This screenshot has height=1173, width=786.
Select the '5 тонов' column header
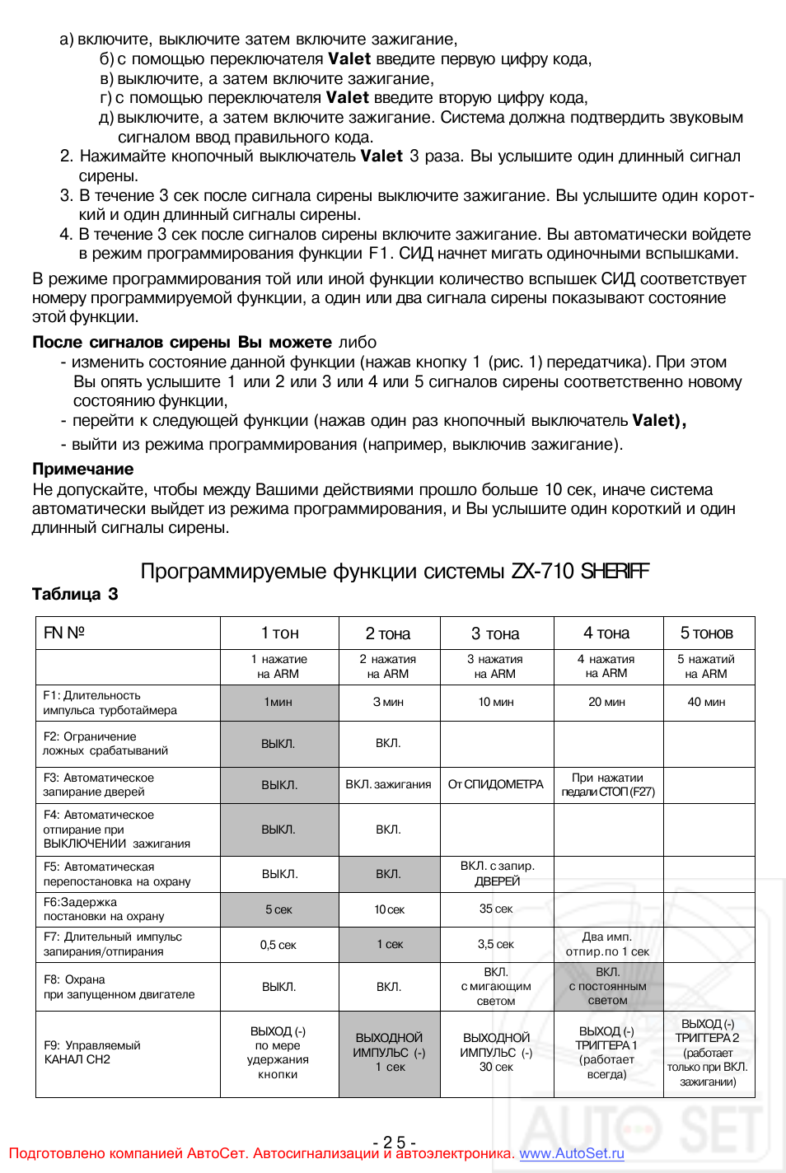706,633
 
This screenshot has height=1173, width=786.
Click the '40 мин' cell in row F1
706,702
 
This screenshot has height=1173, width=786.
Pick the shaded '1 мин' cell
278,702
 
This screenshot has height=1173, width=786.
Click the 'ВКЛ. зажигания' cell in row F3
388,784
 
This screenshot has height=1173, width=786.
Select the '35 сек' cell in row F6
496,909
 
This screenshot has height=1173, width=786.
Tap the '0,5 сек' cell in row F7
278,945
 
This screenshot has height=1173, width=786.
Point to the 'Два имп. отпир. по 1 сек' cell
607,944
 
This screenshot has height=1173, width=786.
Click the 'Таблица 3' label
75,594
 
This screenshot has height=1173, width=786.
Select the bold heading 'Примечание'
82,469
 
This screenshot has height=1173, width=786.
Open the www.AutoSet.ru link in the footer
571,1153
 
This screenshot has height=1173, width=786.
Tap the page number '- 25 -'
394,1142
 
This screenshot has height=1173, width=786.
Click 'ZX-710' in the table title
542,571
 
